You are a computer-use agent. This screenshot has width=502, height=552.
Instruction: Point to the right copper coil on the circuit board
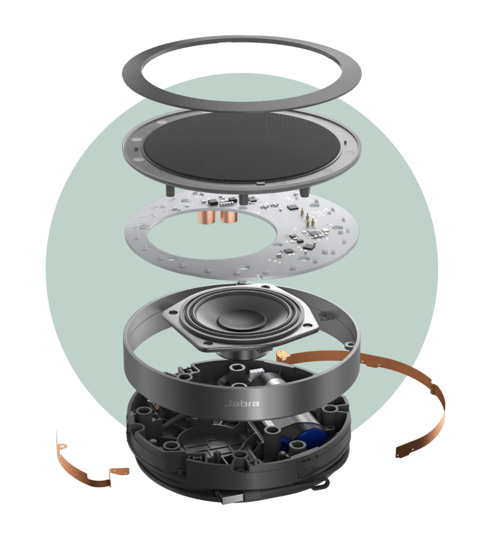pyautogui.click(x=228, y=216)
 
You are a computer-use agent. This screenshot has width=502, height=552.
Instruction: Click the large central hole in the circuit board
pyautogui.click(x=212, y=236)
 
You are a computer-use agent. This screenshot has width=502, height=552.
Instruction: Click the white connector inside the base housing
pyautogui.click(x=255, y=374)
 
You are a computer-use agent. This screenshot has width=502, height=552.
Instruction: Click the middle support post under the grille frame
pyautogui.click(x=243, y=199)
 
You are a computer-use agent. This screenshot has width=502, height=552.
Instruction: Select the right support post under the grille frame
pyautogui.click(x=303, y=191)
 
